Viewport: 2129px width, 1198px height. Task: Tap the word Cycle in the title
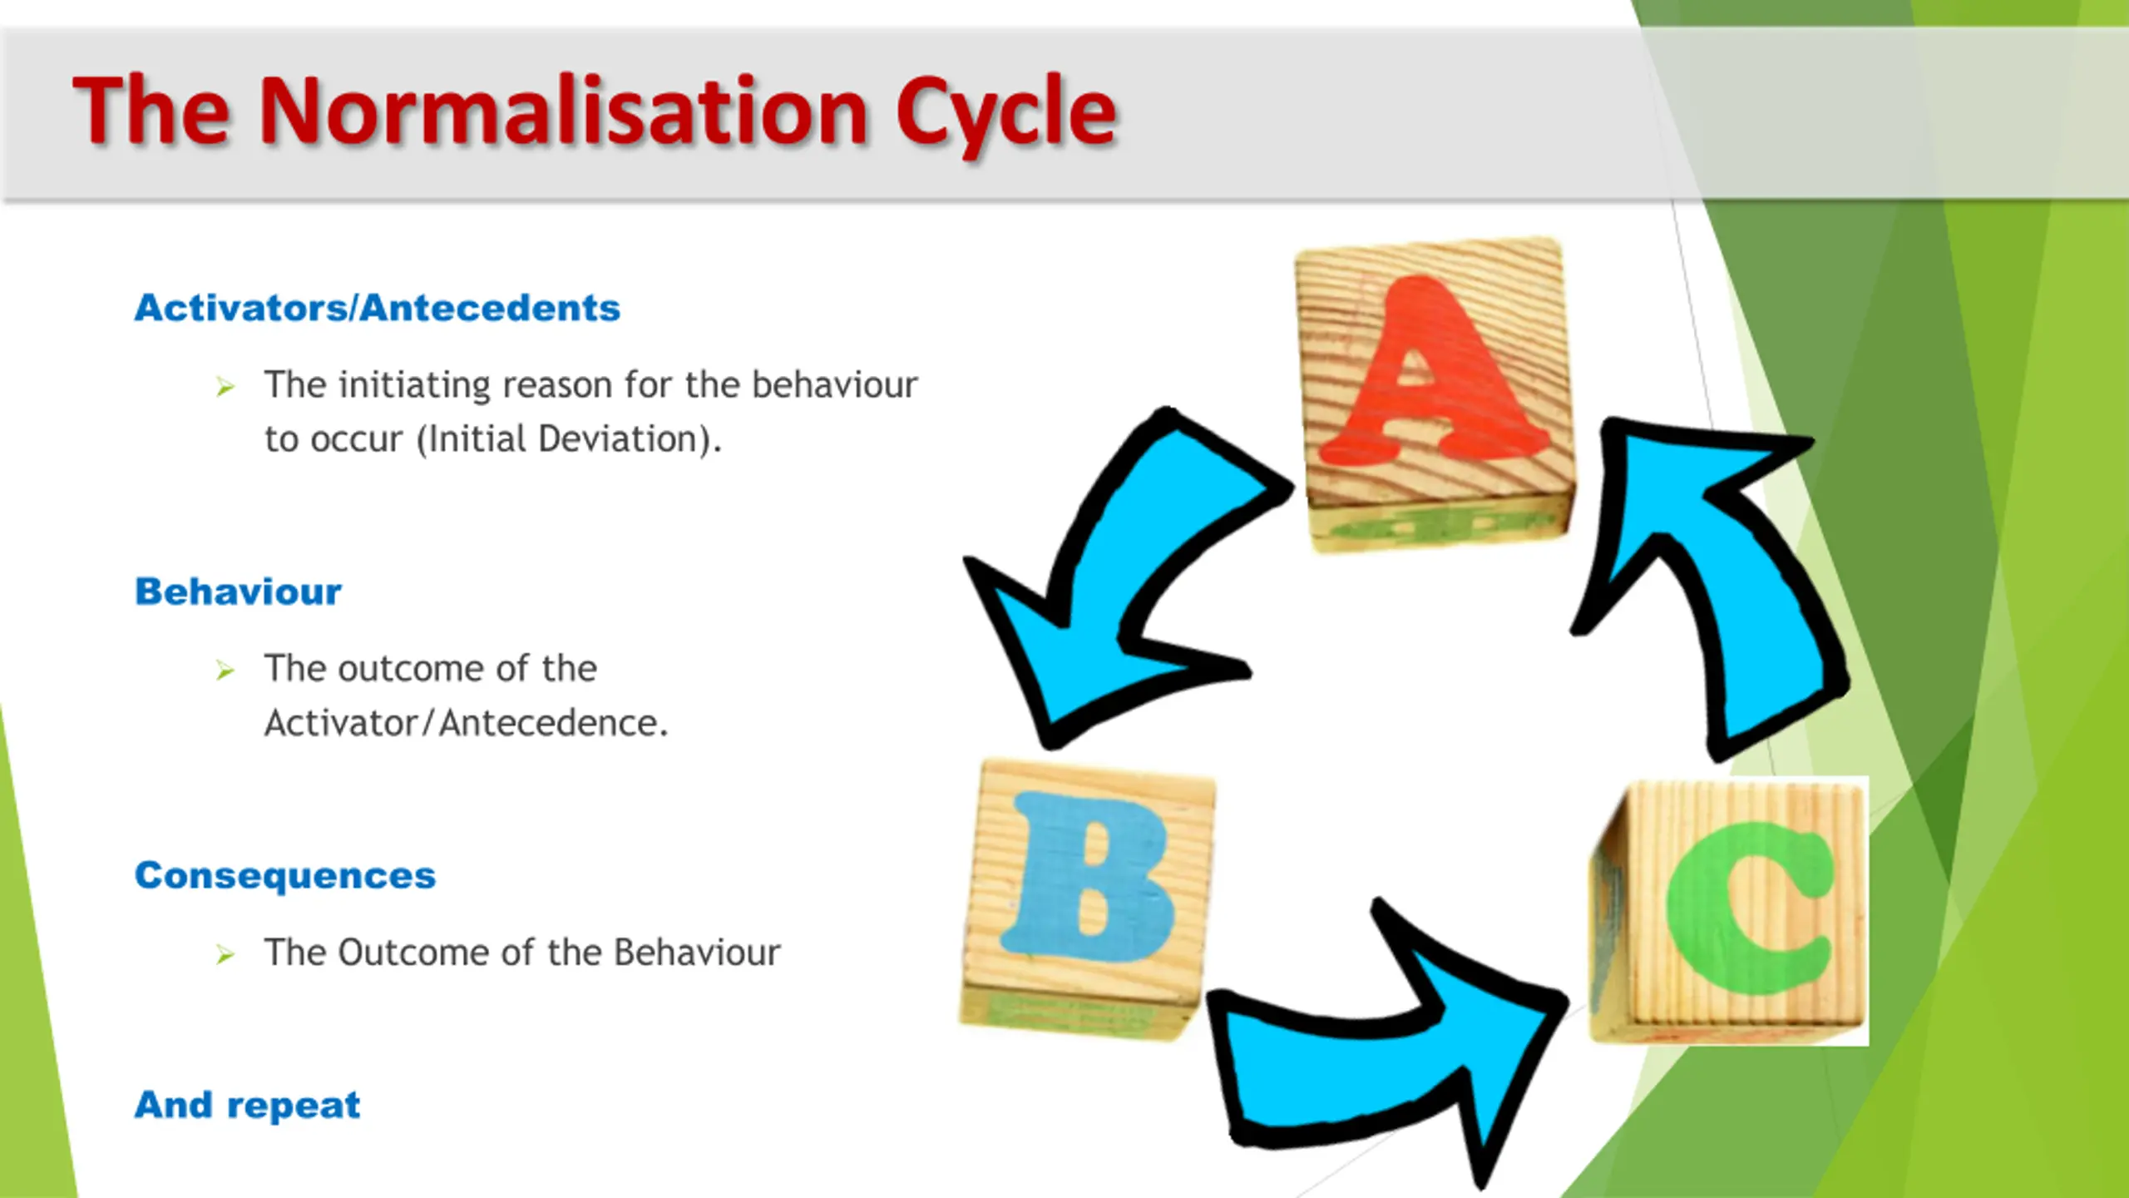(1005, 116)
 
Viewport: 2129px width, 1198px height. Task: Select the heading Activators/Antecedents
(378, 308)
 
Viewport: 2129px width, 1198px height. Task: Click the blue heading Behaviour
(238, 592)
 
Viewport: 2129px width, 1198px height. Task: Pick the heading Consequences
(285, 875)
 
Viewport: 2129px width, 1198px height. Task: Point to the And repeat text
(247, 1105)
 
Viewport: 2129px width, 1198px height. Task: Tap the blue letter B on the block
(1088, 878)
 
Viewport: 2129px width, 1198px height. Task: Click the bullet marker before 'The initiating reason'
(225, 387)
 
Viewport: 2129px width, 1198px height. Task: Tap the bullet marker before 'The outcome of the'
(225, 671)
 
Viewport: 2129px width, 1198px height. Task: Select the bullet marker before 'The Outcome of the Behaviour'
(225, 954)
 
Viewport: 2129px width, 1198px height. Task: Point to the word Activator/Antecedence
(466, 723)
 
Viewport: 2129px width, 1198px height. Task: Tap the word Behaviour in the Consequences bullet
(697, 953)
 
